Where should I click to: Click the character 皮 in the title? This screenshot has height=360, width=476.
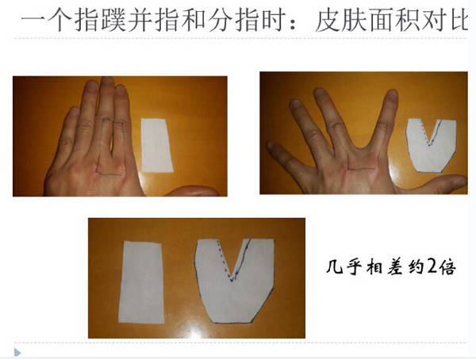[x=328, y=21]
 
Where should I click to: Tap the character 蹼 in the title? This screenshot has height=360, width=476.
[x=113, y=20]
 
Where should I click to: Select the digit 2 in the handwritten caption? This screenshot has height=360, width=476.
[x=433, y=266]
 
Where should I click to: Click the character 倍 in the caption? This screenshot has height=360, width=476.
[x=448, y=267]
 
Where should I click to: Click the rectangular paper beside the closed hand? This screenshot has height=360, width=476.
[x=156, y=145]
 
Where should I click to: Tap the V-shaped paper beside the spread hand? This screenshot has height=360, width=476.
[x=431, y=146]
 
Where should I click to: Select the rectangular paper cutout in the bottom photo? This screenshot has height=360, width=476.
[x=141, y=282]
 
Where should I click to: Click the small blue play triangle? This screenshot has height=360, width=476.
[x=17, y=352]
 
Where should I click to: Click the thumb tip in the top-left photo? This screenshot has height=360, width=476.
[x=213, y=192]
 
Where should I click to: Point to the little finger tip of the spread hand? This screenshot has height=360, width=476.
[x=271, y=146]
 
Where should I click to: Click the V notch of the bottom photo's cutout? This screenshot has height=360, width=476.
[x=232, y=278]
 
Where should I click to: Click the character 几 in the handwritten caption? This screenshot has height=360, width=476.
[x=334, y=266]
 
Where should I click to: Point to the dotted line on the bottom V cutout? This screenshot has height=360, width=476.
[x=225, y=260]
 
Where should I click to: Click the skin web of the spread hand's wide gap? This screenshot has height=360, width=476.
[x=360, y=147]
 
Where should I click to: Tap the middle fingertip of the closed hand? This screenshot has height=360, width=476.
[x=107, y=82]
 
